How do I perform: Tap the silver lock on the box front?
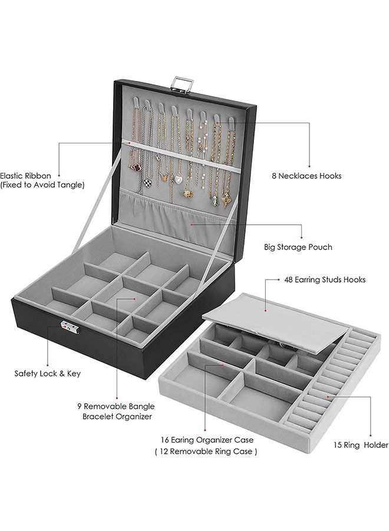[x=66, y=326]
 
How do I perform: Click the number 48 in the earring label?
[x=289, y=280]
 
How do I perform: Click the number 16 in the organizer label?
[x=166, y=440]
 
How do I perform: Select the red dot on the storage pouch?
[x=191, y=224]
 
